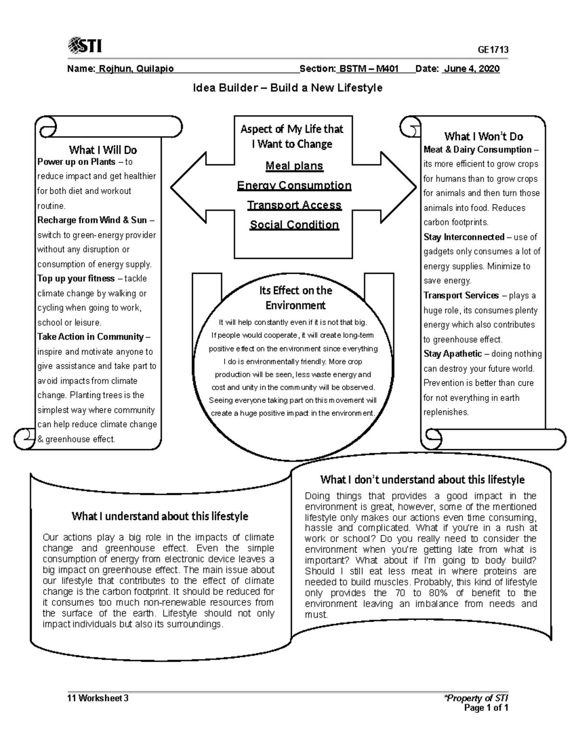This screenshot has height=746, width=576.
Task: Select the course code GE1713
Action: (493, 50)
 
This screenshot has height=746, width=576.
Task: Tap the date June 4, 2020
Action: (471, 69)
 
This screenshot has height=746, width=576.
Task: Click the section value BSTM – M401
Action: (369, 69)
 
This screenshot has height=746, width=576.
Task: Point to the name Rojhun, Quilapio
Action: (135, 69)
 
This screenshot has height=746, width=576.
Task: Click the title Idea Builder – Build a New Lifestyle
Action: (288, 88)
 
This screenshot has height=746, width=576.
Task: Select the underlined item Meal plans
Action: (294, 166)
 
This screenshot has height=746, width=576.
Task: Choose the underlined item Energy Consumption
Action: (294, 185)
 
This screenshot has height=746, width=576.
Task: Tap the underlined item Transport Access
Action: (294, 205)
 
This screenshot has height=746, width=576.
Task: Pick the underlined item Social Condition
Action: (294, 225)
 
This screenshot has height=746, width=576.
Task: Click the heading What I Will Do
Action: (103, 150)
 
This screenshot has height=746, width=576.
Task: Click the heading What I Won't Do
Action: (483, 136)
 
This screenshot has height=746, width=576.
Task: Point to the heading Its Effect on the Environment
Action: (295, 298)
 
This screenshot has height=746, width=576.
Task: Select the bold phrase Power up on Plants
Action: (76, 162)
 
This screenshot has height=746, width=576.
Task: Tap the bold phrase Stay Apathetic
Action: (452, 354)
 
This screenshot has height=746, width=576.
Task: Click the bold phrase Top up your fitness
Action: (76, 279)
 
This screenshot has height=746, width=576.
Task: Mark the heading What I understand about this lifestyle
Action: (160, 516)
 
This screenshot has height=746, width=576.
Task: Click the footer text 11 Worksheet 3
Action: (98, 698)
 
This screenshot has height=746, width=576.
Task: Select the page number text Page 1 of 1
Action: (486, 708)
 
